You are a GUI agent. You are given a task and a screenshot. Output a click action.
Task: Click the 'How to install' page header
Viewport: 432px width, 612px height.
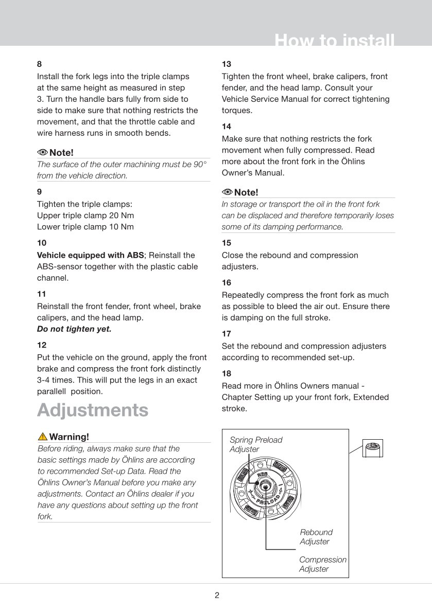click(x=335, y=41)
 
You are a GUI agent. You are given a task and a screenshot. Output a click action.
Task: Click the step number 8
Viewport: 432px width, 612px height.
click(x=40, y=64)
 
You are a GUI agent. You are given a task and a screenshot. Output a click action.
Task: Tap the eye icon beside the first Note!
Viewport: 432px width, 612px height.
click(x=43, y=152)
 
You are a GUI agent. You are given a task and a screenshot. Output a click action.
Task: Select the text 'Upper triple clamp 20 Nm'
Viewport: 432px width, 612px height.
click(x=85, y=215)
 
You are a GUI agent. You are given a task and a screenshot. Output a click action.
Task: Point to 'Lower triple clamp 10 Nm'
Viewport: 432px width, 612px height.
click(x=85, y=227)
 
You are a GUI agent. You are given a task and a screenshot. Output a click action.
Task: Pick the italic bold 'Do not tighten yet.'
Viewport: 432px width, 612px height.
click(x=74, y=329)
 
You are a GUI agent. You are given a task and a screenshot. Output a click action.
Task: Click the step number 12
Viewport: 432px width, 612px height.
click(x=42, y=345)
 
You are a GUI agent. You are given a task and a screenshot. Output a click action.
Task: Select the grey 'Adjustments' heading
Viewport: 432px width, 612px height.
click(x=93, y=410)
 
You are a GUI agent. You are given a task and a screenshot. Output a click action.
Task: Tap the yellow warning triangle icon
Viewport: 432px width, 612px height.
click(x=43, y=437)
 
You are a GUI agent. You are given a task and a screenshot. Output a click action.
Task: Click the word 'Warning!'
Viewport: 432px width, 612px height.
click(x=69, y=437)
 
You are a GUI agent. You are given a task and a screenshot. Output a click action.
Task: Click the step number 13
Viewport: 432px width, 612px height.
click(x=227, y=64)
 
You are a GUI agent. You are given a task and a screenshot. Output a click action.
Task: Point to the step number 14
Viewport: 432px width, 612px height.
click(x=227, y=127)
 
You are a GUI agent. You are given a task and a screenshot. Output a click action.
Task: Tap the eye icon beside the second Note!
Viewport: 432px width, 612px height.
click(x=228, y=192)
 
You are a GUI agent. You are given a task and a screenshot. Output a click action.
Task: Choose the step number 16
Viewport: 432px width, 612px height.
click(x=227, y=283)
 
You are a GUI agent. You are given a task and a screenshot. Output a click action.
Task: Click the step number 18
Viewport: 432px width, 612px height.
click(x=227, y=374)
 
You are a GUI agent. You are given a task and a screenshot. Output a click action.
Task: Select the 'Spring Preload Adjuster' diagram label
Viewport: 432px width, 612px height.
click(x=256, y=444)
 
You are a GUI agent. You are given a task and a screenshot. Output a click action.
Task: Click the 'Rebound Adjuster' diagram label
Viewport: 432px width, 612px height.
click(x=316, y=537)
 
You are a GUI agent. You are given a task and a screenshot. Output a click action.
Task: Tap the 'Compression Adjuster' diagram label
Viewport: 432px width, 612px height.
click(x=322, y=564)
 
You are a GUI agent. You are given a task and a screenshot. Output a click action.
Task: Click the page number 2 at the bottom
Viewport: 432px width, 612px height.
click(x=217, y=596)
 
